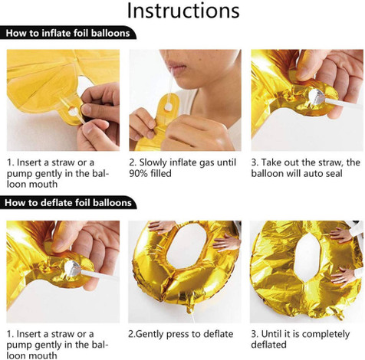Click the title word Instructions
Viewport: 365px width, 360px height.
pyautogui.click(x=183, y=11)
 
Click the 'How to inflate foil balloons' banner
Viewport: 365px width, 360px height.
pyautogui.click(x=67, y=33)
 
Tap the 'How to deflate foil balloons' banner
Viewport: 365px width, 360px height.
pyautogui.click(x=68, y=202)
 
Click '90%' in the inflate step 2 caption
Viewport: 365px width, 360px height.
pyautogui.click(x=139, y=174)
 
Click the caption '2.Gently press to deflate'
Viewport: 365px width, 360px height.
pyautogui.click(x=181, y=335)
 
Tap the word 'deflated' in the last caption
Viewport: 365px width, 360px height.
pyautogui.click(x=268, y=345)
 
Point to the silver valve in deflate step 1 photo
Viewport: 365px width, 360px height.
pyautogui.click(x=73, y=268)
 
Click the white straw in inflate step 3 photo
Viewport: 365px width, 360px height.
pyautogui.click(x=343, y=103)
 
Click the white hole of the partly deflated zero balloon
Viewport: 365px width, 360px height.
pyautogui.click(x=186, y=246)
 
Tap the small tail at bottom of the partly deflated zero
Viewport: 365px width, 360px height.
pyautogui.click(x=190, y=308)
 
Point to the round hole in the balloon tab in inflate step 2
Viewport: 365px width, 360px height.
pyautogui.click(x=168, y=106)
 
